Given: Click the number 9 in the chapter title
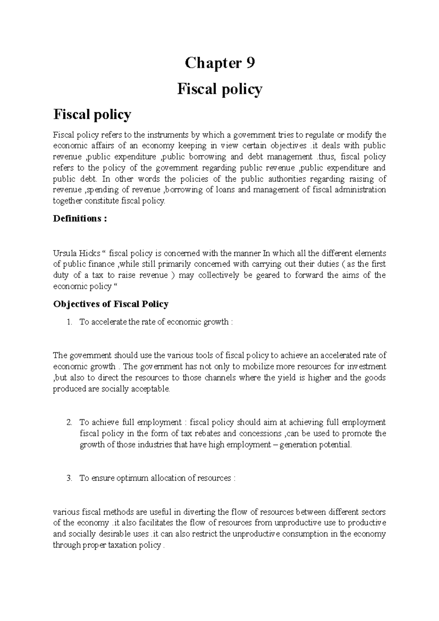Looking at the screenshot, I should [x=250, y=63].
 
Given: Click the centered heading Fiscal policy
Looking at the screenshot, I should [x=219, y=89].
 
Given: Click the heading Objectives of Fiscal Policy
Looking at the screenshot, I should [x=110, y=304].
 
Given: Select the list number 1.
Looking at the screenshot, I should [x=69, y=322].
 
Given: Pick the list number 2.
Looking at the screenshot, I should [x=69, y=422].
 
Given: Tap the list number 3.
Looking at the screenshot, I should [x=69, y=478].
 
